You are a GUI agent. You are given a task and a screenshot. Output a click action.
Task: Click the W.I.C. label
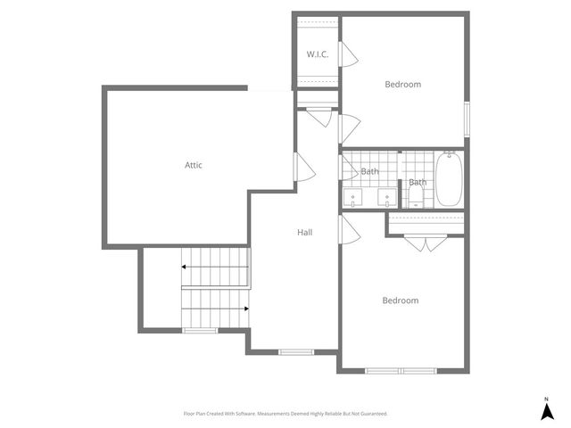coord(318,54)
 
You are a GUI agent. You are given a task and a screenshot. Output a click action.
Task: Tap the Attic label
coord(194,165)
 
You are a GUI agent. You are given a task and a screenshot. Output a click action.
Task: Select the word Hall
coord(305,233)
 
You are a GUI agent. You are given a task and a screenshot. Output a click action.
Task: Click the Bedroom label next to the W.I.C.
coord(402,85)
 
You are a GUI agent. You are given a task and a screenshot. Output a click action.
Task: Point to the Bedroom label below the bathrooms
coord(401,300)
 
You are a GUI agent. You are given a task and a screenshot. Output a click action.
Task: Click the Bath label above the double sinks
coord(369,171)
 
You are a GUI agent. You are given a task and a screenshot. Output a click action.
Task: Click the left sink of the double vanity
coord(354,197)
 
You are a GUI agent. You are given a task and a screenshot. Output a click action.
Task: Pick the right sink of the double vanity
coord(387,197)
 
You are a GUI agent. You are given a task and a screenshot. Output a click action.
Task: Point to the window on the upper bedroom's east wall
coord(467,119)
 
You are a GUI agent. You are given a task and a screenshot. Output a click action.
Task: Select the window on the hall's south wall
coord(296,351)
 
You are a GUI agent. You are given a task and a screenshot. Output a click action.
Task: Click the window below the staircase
coord(201,331)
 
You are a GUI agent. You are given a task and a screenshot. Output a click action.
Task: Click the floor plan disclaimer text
coord(285,414)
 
